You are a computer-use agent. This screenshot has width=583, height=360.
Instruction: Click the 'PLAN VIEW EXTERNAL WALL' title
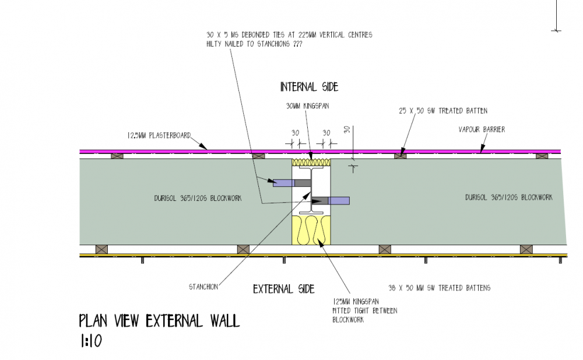[x=159, y=320]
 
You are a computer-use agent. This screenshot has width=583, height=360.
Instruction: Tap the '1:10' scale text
[x=91, y=341]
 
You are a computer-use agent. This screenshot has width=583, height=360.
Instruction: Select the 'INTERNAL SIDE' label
[x=309, y=87]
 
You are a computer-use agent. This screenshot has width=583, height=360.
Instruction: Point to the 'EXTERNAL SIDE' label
[x=284, y=289]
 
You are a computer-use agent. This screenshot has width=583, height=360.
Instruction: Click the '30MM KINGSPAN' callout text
[x=307, y=106]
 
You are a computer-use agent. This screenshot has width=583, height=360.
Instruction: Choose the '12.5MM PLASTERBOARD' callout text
[x=159, y=136]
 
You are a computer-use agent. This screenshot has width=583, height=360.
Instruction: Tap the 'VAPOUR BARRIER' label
[x=482, y=130]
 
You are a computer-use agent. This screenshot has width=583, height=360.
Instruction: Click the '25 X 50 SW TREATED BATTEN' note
[x=443, y=111]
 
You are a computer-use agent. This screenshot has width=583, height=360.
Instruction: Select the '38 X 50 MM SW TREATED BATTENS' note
[x=439, y=288]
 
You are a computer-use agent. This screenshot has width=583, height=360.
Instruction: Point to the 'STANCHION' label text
[x=203, y=287]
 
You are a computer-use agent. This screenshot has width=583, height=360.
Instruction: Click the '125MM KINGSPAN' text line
[x=356, y=302]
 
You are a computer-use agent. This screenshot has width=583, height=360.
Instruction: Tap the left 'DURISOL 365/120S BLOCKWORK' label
[x=198, y=199]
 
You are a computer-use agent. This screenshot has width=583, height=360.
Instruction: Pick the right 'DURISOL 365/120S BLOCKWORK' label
[x=508, y=197]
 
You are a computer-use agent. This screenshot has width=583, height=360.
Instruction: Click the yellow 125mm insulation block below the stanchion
[x=311, y=230]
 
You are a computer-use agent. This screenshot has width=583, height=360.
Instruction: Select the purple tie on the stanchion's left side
[x=284, y=183]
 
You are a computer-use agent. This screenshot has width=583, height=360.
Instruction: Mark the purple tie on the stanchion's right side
[x=339, y=200]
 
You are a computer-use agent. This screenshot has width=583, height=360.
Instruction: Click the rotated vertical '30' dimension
[x=347, y=130]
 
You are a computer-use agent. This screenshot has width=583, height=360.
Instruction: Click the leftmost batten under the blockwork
[x=101, y=249]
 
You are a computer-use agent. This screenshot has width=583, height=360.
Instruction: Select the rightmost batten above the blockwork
[x=542, y=156]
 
